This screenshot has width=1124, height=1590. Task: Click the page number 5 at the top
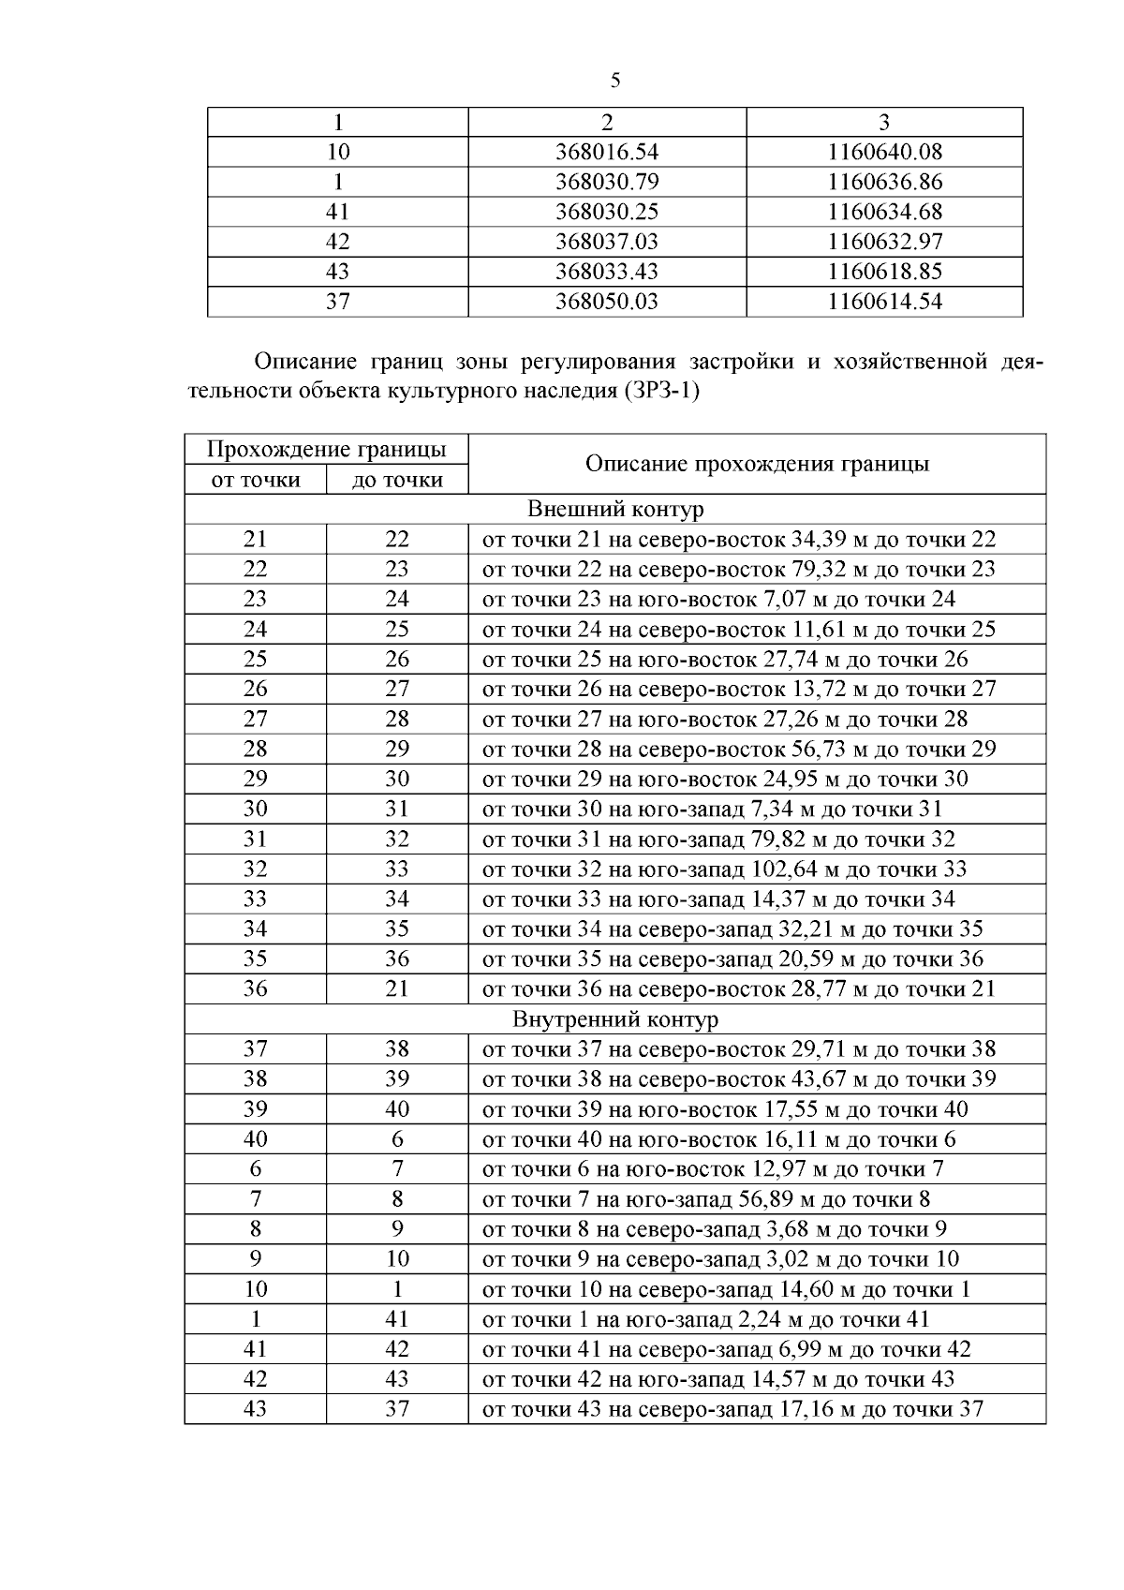(x=614, y=81)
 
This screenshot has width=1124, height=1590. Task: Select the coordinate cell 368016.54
(x=606, y=152)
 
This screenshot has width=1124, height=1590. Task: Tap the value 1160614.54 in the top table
(x=884, y=302)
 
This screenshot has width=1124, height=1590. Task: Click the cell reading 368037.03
(x=606, y=242)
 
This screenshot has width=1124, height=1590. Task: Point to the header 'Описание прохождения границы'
(x=756, y=464)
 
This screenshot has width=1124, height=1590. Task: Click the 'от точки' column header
(x=255, y=480)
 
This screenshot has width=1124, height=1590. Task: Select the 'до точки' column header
(x=396, y=480)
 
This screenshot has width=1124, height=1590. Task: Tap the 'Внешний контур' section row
(x=614, y=509)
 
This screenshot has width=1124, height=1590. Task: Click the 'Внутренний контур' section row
(x=614, y=1018)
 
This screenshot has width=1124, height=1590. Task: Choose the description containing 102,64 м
(x=724, y=869)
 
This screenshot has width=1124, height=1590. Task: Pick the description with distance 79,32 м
(x=738, y=569)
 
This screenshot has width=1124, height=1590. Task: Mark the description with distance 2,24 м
(x=705, y=1318)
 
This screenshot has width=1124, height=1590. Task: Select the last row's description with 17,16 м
(x=732, y=1408)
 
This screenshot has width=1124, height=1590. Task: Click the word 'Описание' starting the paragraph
(x=297, y=361)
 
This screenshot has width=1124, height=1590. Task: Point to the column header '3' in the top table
(x=884, y=122)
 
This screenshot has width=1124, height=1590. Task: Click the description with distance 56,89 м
(x=705, y=1198)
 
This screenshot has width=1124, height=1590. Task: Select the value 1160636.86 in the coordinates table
(x=884, y=182)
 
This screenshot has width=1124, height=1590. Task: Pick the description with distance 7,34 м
(x=712, y=809)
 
